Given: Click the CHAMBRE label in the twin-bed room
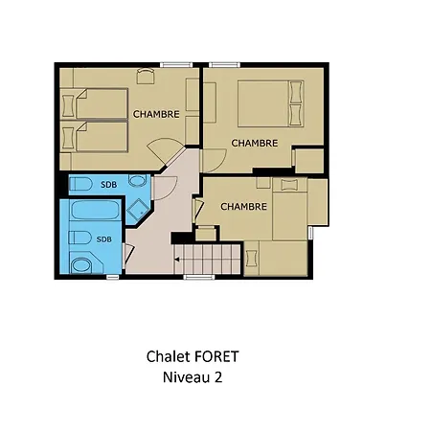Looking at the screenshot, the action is (156, 114).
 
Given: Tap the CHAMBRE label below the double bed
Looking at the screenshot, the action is (255, 143).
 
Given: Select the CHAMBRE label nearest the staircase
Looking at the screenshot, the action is (243, 207).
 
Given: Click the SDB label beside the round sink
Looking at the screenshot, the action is (109, 185).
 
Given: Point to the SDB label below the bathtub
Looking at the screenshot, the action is (104, 239).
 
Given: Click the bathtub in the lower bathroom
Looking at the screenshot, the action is (95, 210).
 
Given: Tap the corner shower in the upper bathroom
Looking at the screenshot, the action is (138, 211).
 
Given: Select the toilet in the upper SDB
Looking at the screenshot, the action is (80, 184).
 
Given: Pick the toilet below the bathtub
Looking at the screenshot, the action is (79, 238).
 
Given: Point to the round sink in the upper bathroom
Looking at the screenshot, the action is (137, 181).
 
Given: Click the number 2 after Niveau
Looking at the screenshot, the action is (218, 377).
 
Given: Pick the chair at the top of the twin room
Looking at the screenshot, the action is (146, 76).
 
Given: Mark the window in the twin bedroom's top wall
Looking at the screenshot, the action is (176, 65).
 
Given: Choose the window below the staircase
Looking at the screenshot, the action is (198, 277).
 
